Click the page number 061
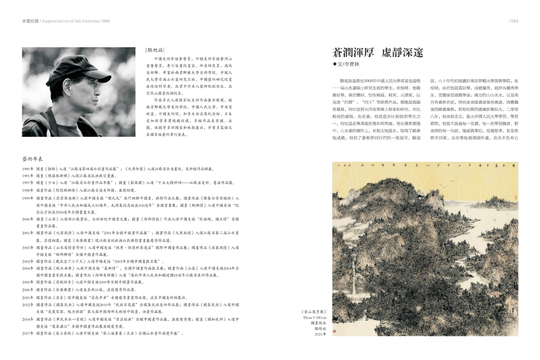click(x=514, y=21)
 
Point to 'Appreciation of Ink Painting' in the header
click(x=71, y=21)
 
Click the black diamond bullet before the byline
click(x=335, y=64)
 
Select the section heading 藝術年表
click(x=32, y=159)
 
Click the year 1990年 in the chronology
click(x=28, y=169)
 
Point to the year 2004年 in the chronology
click(x=28, y=268)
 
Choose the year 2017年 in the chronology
click(x=28, y=333)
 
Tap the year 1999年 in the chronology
click(x=28, y=198)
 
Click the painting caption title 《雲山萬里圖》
click(x=314, y=312)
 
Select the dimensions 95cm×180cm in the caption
click(x=314, y=317)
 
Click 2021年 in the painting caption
click(x=320, y=334)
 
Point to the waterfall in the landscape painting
click(x=353, y=285)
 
